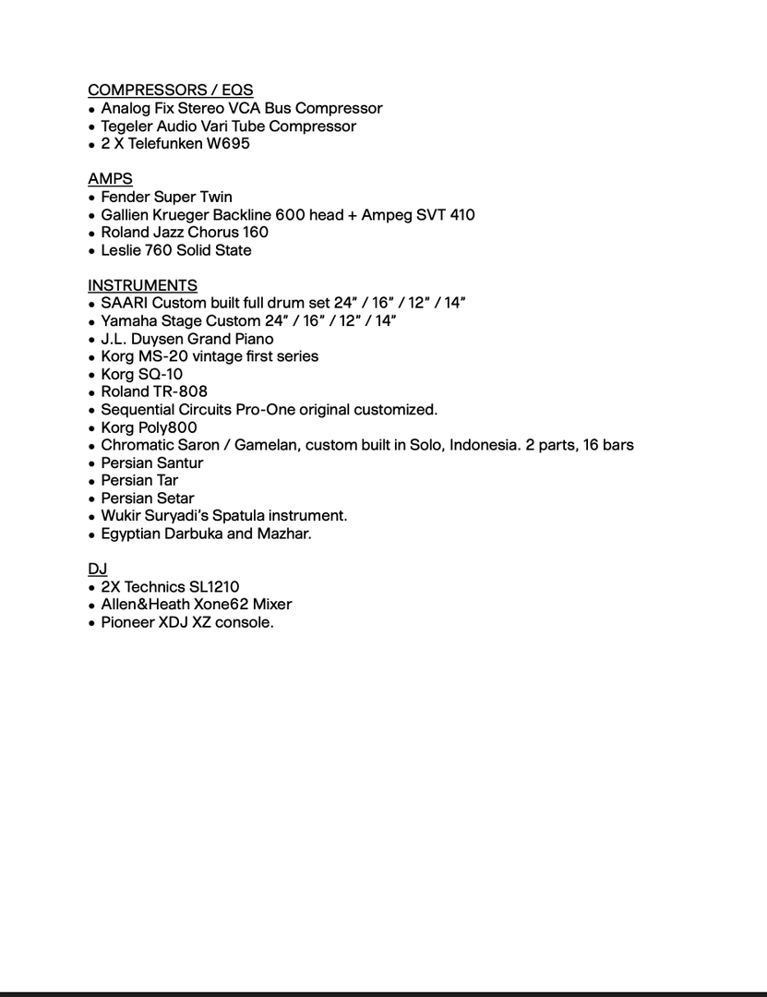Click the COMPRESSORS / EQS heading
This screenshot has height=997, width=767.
(170, 90)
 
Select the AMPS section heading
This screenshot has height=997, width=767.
(110, 179)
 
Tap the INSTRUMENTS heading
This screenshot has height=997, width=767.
(142, 285)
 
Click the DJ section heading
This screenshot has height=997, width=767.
(97, 570)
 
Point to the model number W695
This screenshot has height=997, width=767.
(227, 144)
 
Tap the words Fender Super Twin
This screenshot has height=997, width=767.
(166, 197)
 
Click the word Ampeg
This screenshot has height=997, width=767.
(386, 215)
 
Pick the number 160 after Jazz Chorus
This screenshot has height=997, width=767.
(256, 233)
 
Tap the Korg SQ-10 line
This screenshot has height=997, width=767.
(141, 375)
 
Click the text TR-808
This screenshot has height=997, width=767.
(180, 391)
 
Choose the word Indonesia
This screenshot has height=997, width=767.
(484, 445)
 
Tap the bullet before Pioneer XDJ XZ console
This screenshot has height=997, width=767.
(91, 624)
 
